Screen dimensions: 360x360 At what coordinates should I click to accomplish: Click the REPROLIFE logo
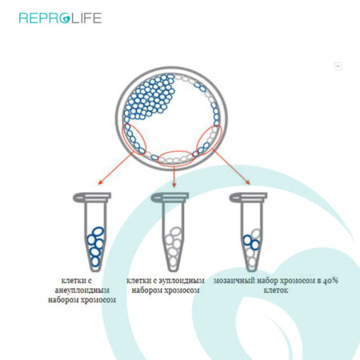60,18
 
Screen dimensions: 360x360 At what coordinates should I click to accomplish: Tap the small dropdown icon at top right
338,66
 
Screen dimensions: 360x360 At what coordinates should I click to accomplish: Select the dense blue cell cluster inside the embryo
150,97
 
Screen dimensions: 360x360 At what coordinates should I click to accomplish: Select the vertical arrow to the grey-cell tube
174,176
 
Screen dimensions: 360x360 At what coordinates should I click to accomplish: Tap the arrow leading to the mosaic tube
231,167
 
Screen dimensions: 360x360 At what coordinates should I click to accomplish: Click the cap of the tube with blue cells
92,197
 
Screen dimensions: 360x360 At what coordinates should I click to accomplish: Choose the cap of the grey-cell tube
170,197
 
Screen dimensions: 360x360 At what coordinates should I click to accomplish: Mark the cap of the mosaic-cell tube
248,197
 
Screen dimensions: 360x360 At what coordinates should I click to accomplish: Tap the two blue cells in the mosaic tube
251,242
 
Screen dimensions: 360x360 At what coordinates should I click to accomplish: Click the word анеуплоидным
82,290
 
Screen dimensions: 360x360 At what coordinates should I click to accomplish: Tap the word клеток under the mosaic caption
276,290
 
